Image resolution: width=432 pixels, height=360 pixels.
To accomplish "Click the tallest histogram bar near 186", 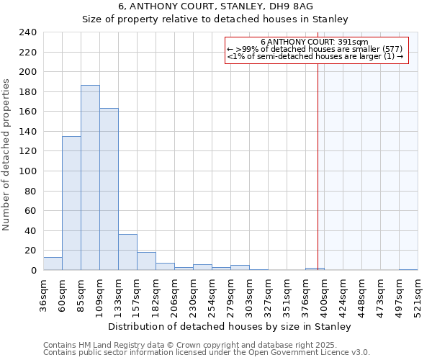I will point(90,178).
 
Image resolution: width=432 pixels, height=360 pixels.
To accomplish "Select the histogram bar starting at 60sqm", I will point(71,203).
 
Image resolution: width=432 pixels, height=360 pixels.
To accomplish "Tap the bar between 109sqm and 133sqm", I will point(109,189).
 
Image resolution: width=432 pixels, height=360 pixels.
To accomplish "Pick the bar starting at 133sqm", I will point(127,252).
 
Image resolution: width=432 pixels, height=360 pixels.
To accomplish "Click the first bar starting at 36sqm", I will point(53,264).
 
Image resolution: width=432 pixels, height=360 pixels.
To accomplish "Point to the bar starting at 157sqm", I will point(146,261).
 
